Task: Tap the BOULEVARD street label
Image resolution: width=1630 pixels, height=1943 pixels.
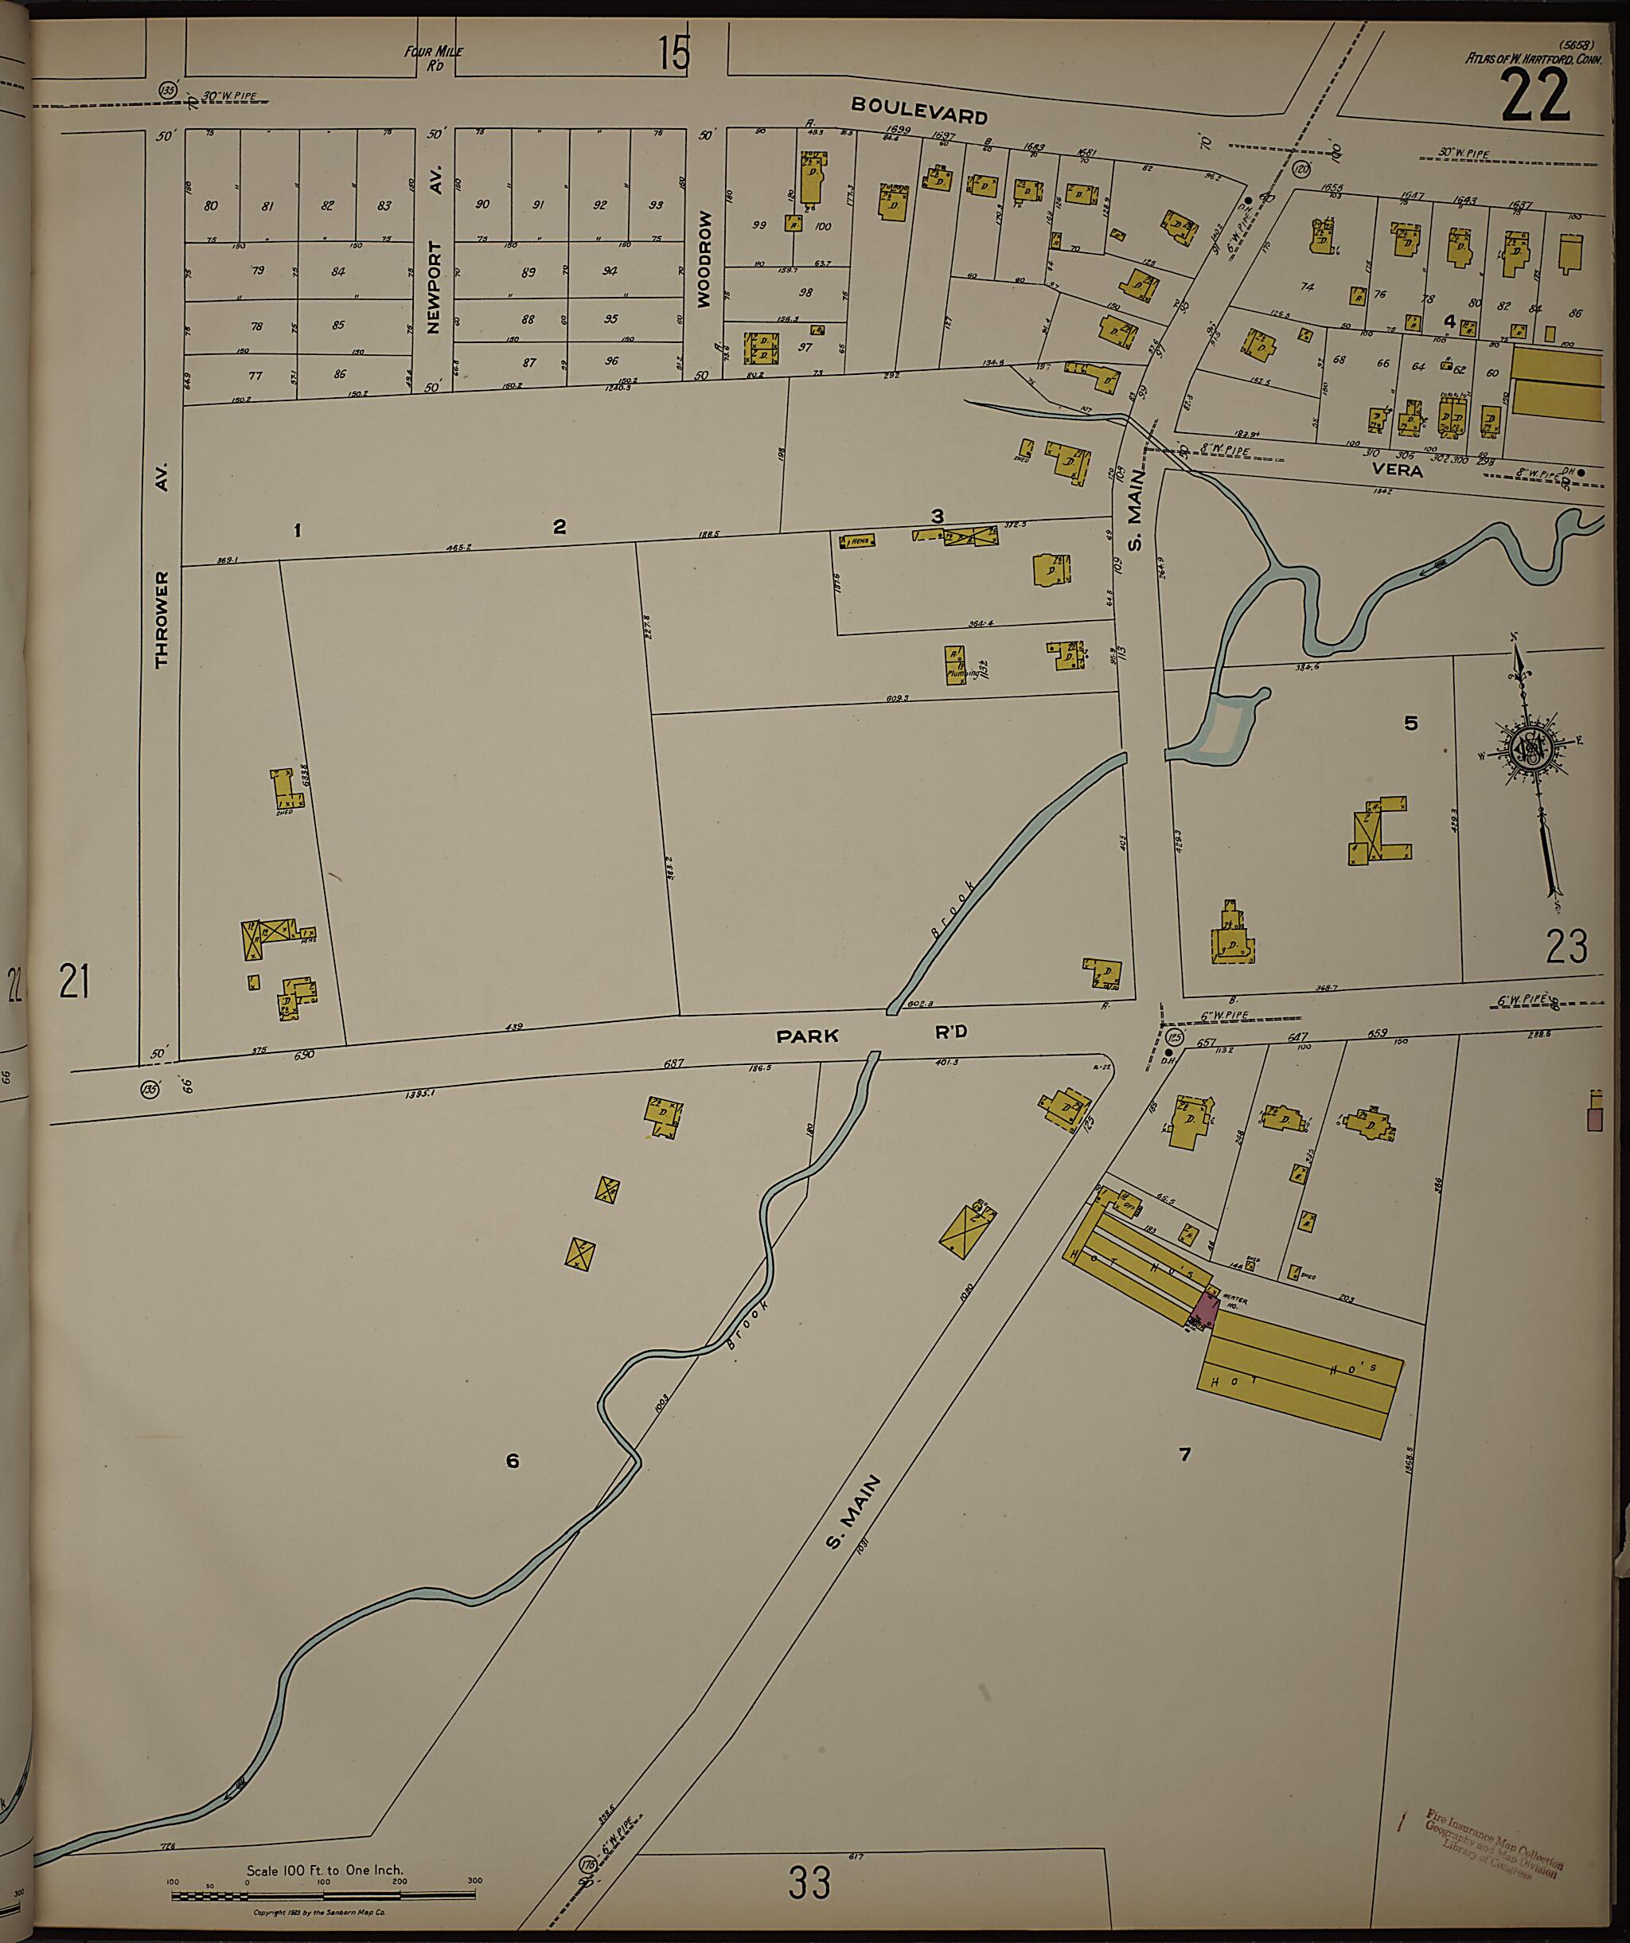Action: (918, 110)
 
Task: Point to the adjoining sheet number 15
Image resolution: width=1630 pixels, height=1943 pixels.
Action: (674, 53)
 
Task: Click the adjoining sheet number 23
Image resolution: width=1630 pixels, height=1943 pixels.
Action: (1566, 946)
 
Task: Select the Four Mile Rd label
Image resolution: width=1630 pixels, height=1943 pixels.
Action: (433, 57)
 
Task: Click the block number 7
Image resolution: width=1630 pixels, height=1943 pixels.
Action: (1184, 1454)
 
